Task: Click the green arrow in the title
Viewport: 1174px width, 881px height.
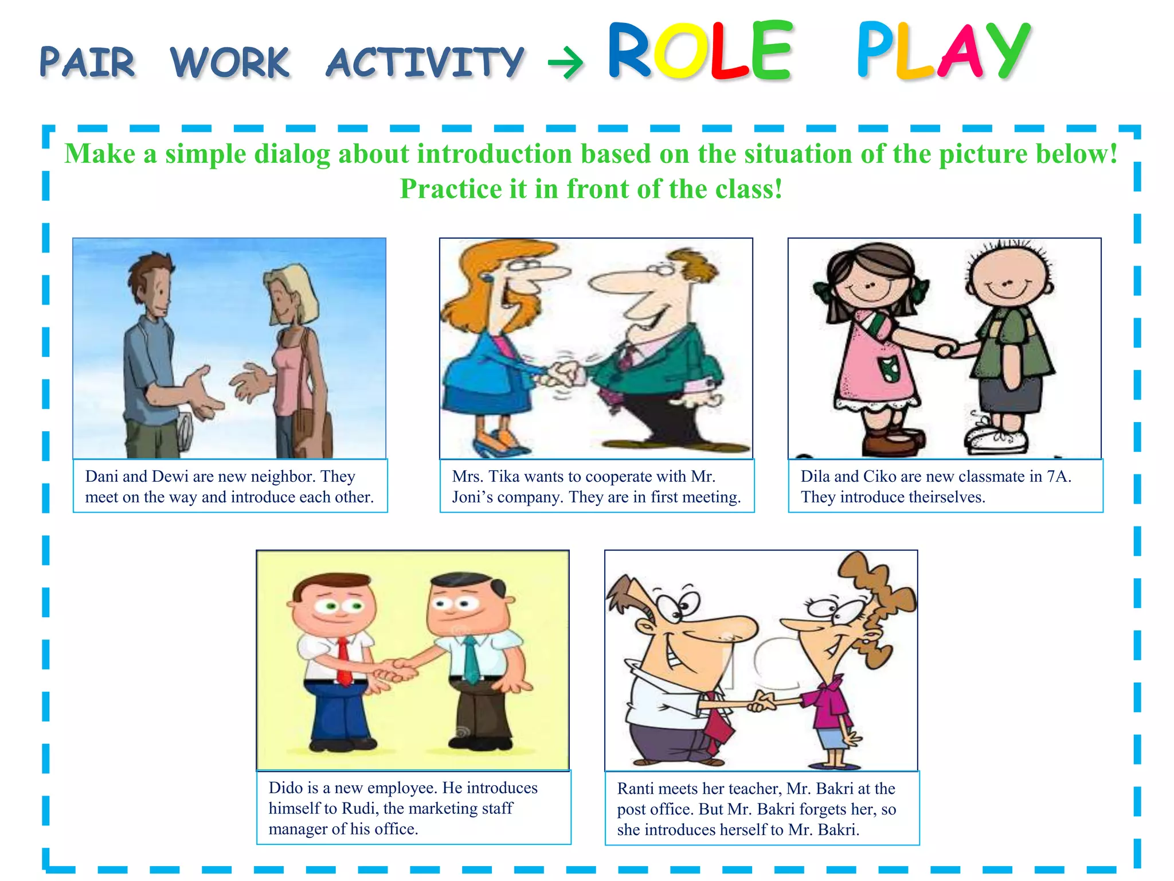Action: (x=565, y=63)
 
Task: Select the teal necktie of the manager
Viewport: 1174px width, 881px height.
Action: (x=471, y=660)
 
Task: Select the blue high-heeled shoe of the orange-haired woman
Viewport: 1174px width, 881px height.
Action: (x=493, y=445)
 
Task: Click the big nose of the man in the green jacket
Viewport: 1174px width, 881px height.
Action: (x=613, y=281)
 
